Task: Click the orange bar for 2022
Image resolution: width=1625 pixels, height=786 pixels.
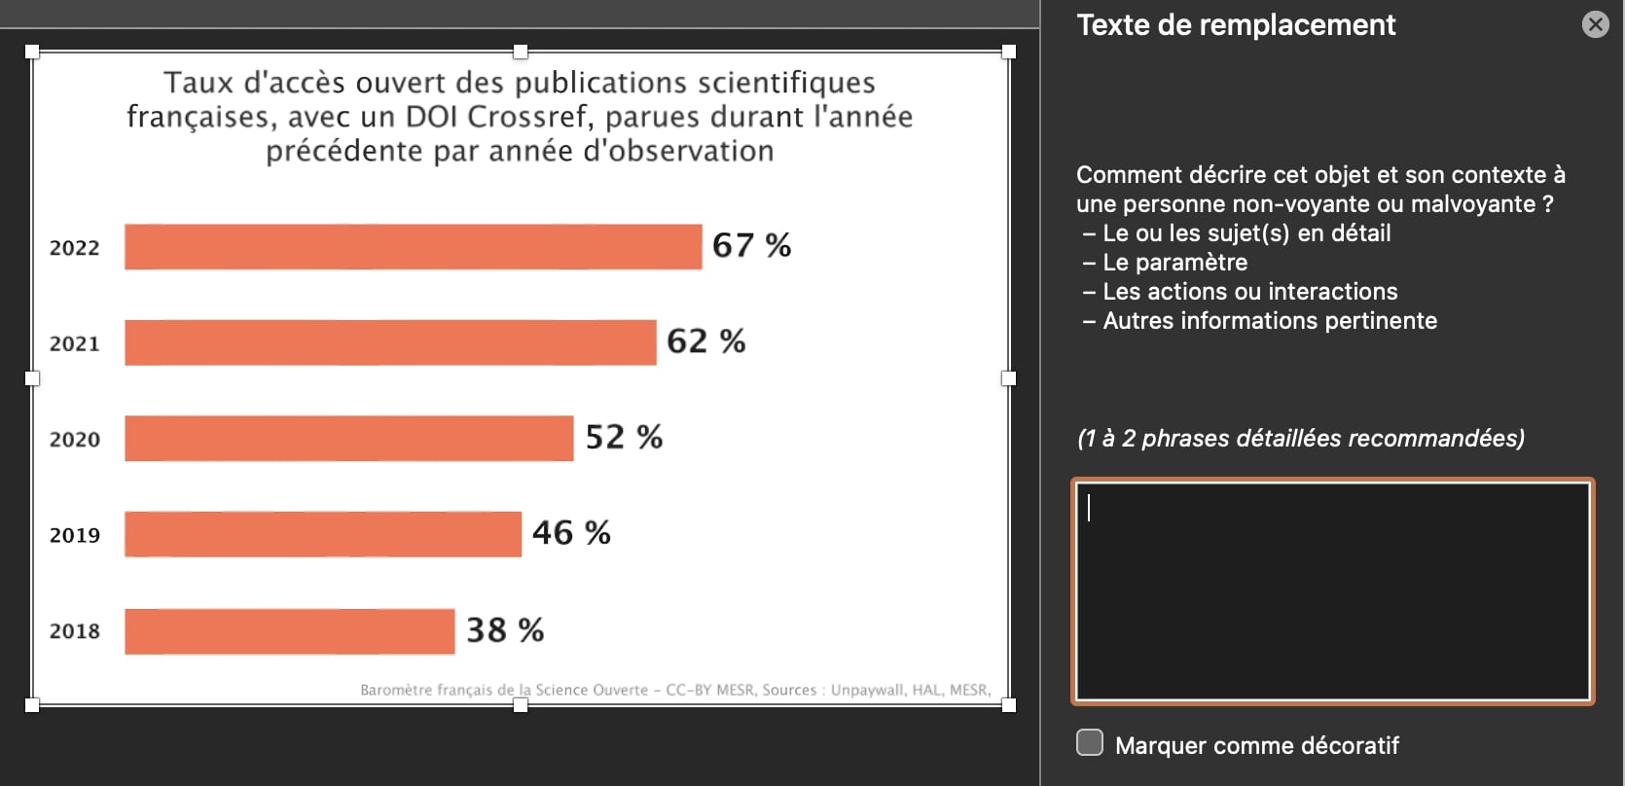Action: pyautogui.click(x=413, y=246)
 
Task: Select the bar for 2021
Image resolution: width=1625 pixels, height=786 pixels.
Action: pyautogui.click(x=390, y=342)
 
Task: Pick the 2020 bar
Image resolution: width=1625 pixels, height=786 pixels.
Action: pyautogui.click(x=348, y=438)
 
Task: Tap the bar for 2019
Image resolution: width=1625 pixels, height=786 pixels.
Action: pyautogui.click(x=323, y=534)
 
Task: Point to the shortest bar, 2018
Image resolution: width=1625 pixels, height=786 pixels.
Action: pyautogui.click(x=289, y=631)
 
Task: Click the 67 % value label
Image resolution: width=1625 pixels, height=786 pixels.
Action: pyautogui.click(x=751, y=245)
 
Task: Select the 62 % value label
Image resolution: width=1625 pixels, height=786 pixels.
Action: pyautogui.click(x=705, y=341)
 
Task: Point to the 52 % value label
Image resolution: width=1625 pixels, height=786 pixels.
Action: pyautogui.click(x=624, y=438)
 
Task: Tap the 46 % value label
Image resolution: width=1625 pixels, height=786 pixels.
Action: pyautogui.click(x=571, y=533)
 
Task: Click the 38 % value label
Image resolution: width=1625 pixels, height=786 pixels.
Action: pyautogui.click(x=505, y=630)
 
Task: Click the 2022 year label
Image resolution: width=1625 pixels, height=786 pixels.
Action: pyautogui.click(x=75, y=248)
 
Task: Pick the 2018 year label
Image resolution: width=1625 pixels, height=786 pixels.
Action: pyautogui.click(x=75, y=631)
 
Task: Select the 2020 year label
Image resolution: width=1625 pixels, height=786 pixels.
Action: pyautogui.click(x=75, y=440)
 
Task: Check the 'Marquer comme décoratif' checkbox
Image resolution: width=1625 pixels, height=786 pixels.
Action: pyautogui.click(x=1090, y=743)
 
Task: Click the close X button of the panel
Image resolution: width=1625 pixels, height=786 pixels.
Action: pyautogui.click(x=1596, y=24)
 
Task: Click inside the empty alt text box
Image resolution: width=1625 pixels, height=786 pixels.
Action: pyautogui.click(x=1332, y=591)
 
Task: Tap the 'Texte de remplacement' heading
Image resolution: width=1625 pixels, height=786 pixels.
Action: pyautogui.click(x=1236, y=25)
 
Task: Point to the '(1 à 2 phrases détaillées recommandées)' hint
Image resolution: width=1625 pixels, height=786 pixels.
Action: pyautogui.click(x=1300, y=439)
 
